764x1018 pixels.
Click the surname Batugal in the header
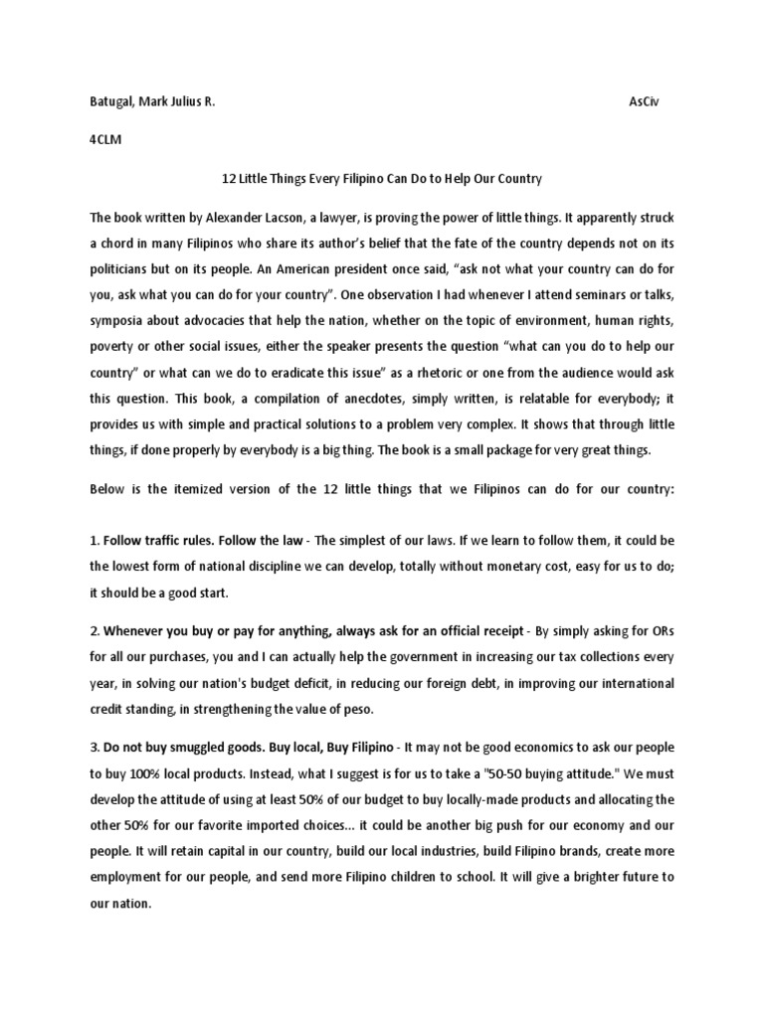[112, 102]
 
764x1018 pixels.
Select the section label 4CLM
[104, 140]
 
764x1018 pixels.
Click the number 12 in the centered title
[226, 179]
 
